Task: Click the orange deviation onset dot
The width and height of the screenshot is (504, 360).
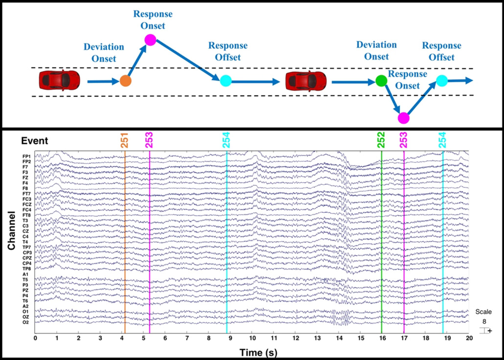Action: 126,81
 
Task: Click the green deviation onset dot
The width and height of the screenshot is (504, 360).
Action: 381,81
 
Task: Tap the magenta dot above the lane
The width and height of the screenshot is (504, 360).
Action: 150,40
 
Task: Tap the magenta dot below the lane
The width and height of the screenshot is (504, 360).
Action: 404,118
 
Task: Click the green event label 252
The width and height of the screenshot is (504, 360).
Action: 381,140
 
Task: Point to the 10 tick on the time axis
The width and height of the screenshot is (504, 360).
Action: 252,338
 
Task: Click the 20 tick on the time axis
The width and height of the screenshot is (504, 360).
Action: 468,338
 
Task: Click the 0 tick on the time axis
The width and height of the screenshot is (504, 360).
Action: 35,338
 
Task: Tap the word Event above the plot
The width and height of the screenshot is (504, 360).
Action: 34,141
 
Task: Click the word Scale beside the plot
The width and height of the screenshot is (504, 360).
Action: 485,312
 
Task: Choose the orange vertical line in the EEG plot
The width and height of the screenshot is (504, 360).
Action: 125,245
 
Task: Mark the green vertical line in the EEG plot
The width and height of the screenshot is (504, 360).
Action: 382,245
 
